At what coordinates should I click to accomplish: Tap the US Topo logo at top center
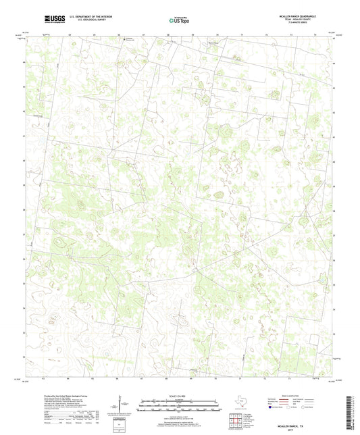pos(178,20)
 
